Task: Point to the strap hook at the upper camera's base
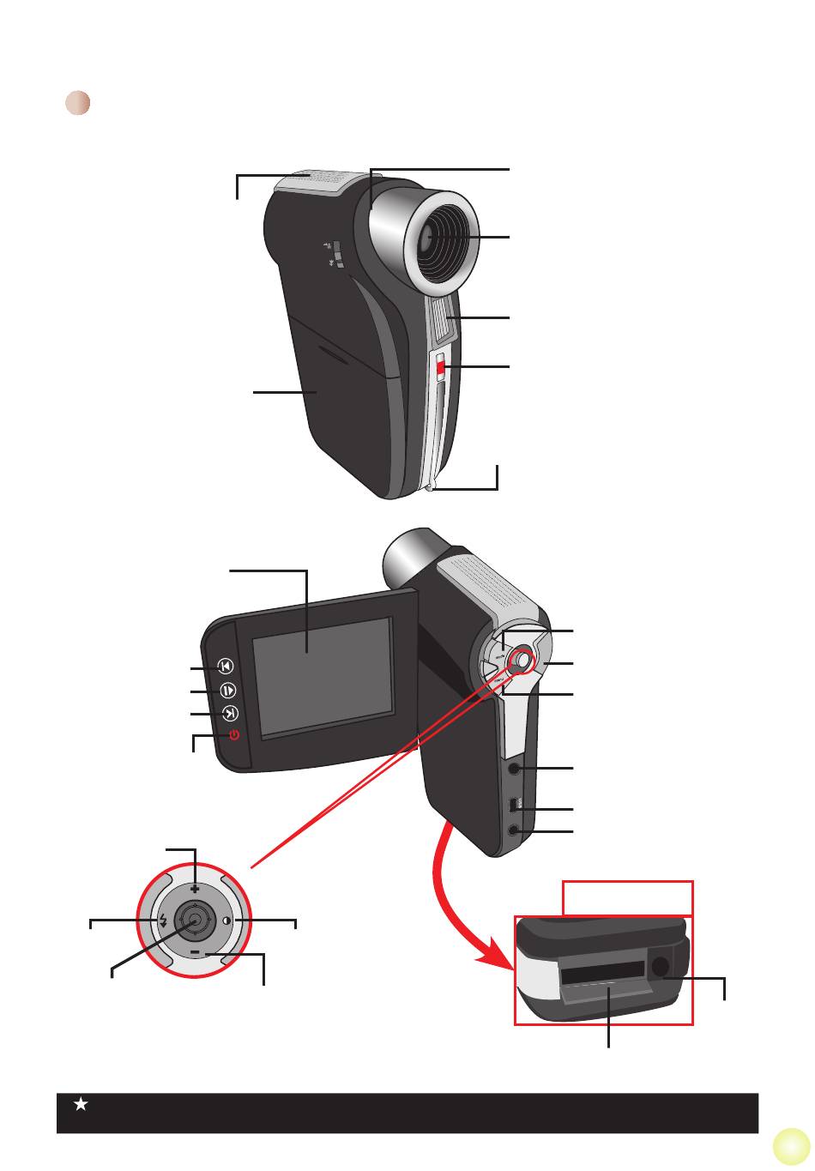[432, 489]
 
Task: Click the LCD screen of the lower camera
[323, 677]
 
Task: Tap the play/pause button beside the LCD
[227, 691]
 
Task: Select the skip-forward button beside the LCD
[230, 714]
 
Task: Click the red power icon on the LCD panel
[233, 735]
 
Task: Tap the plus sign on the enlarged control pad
[196, 890]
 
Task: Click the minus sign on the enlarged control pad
[196, 952]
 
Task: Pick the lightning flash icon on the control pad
[163, 921]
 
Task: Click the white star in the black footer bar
[81, 1105]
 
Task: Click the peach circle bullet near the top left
[78, 103]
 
